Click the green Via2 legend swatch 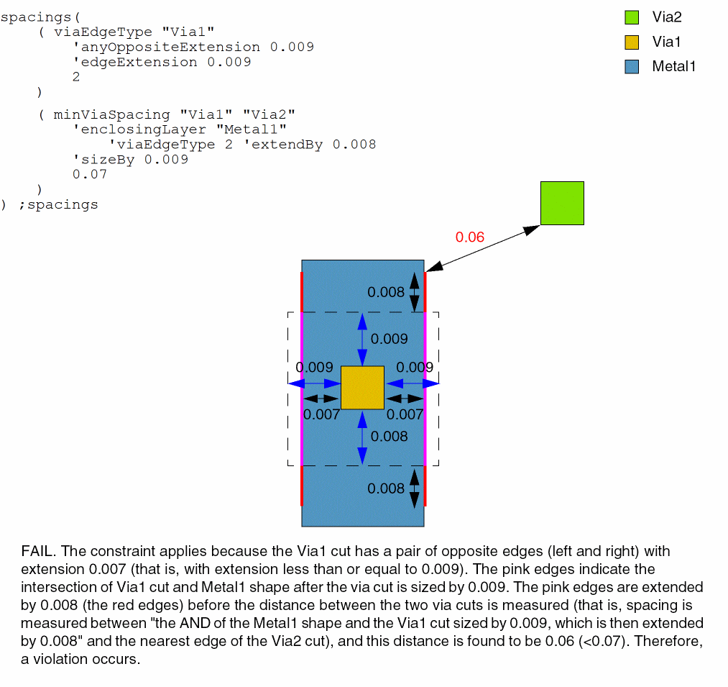(632, 17)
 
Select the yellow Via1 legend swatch (632, 42)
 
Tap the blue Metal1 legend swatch (632, 67)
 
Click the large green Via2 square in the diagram (562, 203)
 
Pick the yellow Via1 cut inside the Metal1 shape (362, 388)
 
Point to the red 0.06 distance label (470, 237)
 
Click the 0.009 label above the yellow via (390, 339)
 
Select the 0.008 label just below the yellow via (390, 436)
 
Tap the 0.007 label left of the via (321, 414)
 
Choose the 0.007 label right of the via (405, 414)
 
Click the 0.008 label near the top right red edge (386, 292)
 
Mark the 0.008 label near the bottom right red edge (386, 488)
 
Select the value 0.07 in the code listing (90, 174)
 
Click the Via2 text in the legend (667, 17)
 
